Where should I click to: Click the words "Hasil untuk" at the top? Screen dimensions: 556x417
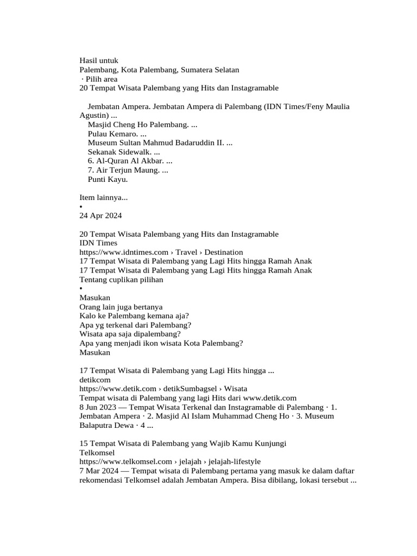[x=98, y=61]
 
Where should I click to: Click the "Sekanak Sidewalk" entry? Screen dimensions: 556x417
[x=119, y=152]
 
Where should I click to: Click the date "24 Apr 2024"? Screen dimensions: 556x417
[x=100, y=216]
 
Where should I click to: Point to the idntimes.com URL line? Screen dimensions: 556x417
[x=161, y=252]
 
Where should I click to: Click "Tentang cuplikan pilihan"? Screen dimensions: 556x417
[x=121, y=280]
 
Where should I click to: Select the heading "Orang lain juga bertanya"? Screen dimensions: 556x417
[x=121, y=307]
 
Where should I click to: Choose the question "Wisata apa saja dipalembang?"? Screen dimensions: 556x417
[x=130, y=334]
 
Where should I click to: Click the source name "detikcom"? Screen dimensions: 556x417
[x=95, y=380]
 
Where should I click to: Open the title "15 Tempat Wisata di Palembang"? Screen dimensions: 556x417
[x=182, y=444]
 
